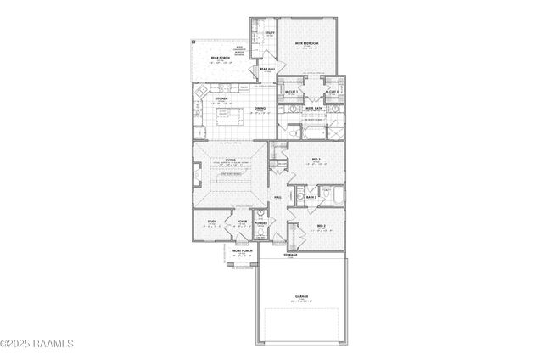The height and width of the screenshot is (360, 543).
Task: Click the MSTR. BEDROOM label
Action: (x=306, y=42)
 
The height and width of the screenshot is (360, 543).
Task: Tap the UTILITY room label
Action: (x=269, y=33)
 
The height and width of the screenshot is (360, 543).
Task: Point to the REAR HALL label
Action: (x=266, y=70)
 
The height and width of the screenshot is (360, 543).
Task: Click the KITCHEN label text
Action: (x=221, y=98)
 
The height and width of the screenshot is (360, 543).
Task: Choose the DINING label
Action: (x=260, y=108)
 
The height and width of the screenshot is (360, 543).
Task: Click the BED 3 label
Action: (x=315, y=159)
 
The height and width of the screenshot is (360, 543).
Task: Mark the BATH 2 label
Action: (x=311, y=196)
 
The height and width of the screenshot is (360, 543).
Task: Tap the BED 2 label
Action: (x=321, y=225)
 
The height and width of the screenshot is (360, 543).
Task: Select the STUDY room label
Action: (x=210, y=222)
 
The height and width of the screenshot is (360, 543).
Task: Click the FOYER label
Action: (x=243, y=222)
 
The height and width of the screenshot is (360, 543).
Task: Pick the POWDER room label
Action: (x=261, y=223)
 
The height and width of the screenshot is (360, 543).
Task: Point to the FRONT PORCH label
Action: (x=243, y=251)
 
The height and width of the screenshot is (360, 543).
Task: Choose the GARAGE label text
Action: (x=301, y=296)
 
